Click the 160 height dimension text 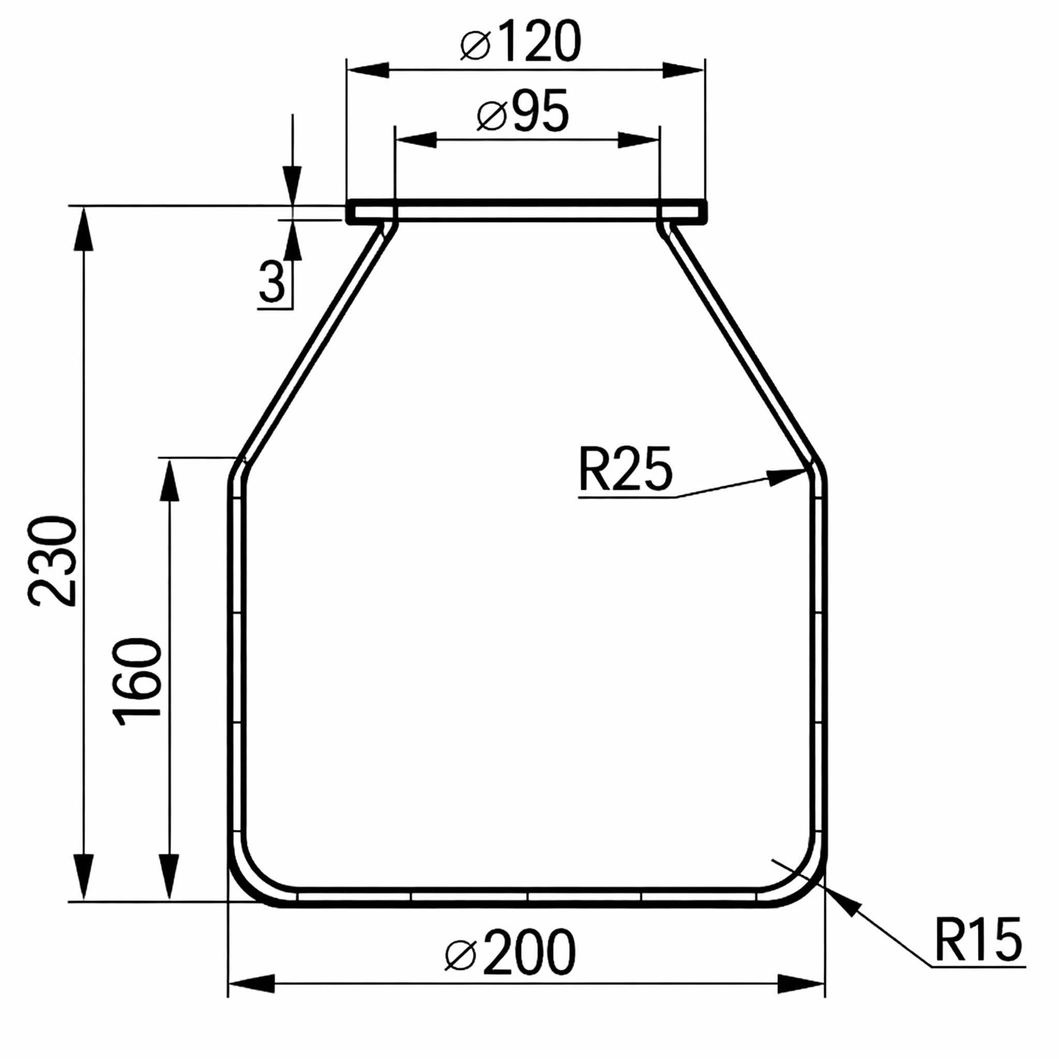click(138, 682)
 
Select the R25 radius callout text click(625, 469)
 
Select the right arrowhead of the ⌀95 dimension click(639, 140)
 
